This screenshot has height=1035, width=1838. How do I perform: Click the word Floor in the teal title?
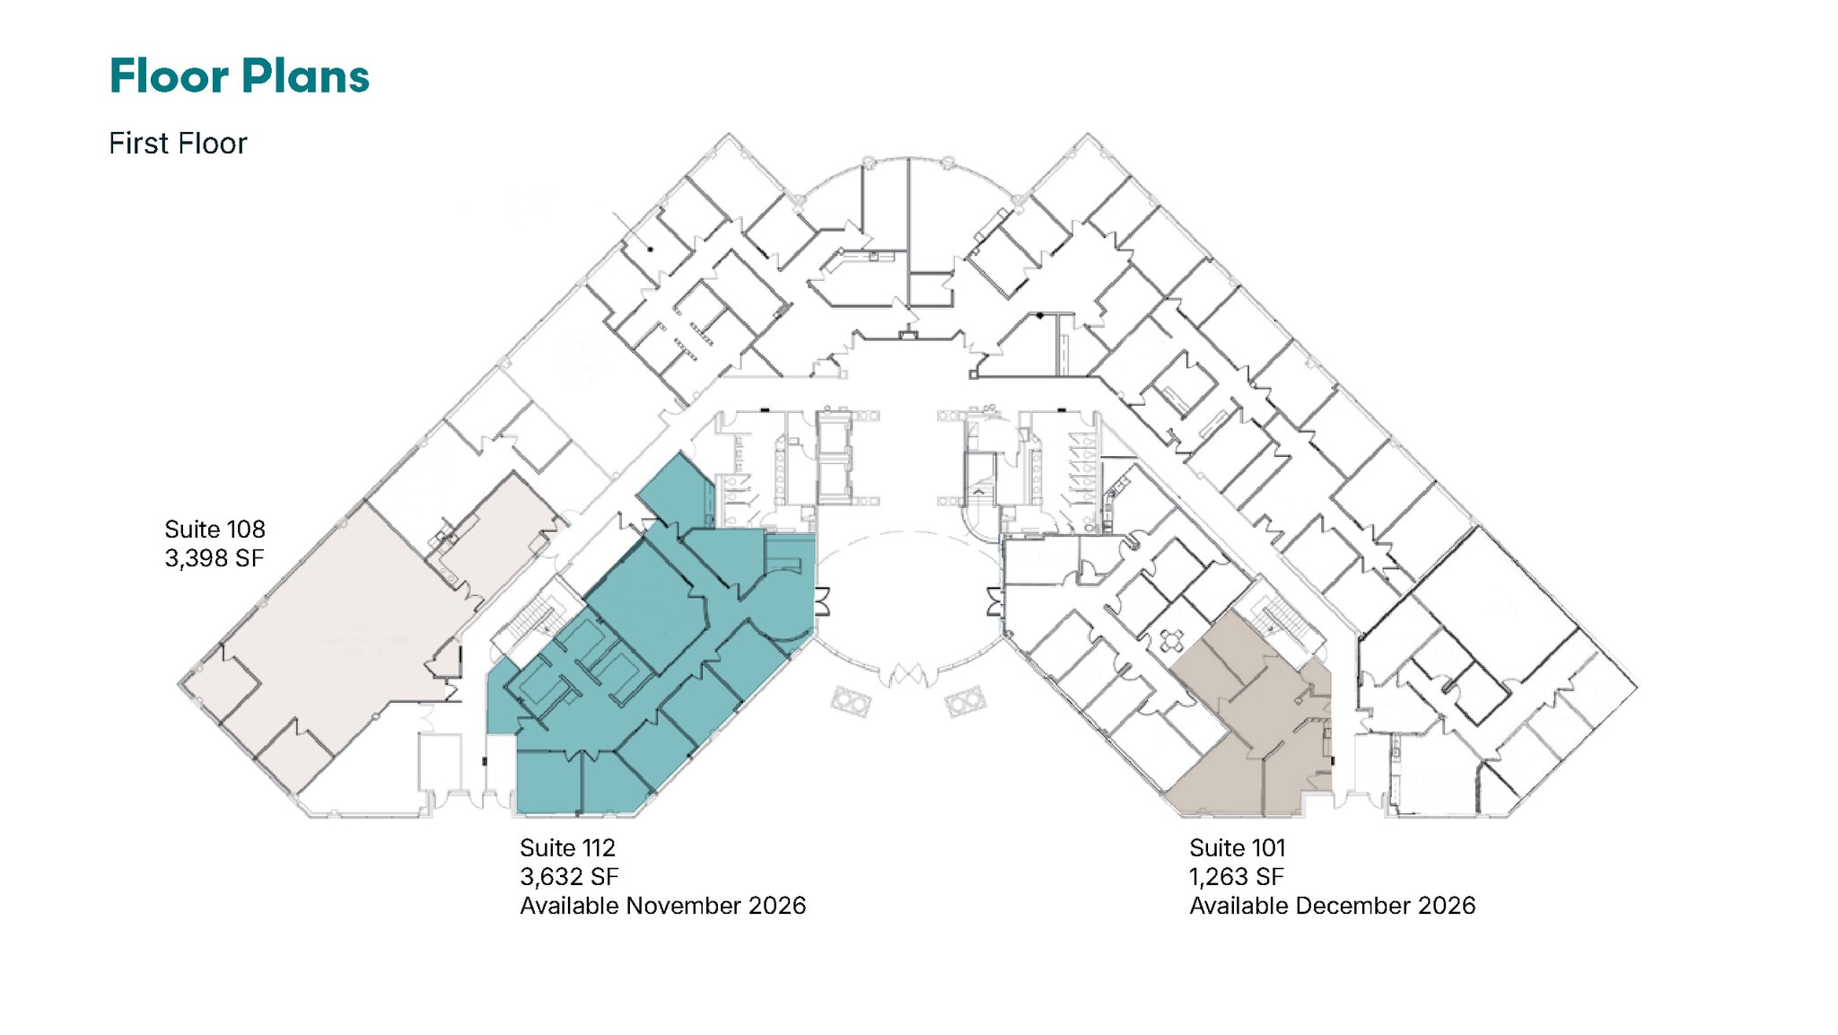(169, 76)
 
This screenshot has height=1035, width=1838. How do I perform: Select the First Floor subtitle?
(178, 144)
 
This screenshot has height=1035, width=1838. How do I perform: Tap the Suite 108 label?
(214, 529)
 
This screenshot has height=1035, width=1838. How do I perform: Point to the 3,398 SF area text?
(214, 558)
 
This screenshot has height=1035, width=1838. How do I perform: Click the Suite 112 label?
(567, 847)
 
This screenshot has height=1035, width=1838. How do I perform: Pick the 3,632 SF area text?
(569, 877)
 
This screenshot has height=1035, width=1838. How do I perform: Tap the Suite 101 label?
(1238, 847)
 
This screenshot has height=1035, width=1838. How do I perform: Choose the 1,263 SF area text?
(1237, 877)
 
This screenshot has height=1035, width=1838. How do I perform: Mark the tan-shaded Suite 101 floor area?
(1256, 727)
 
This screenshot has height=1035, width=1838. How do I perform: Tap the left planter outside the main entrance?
(850, 701)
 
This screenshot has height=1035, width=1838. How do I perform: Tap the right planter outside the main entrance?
(966, 701)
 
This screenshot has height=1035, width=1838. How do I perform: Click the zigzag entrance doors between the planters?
(907, 674)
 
